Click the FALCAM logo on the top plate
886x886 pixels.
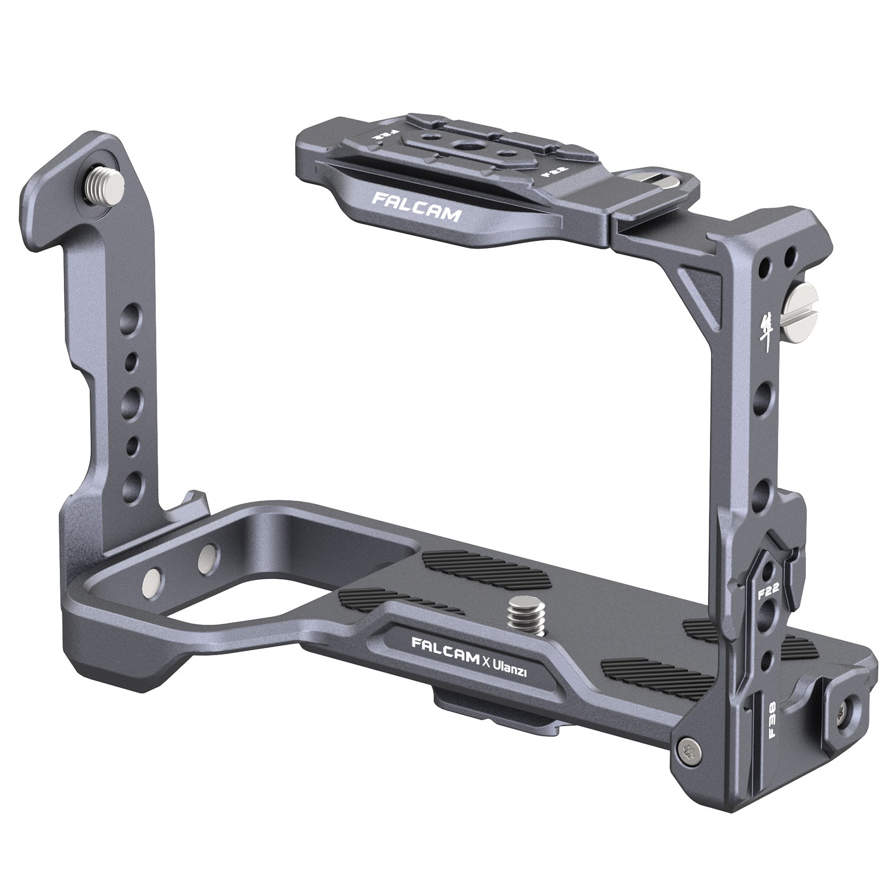(415, 207)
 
